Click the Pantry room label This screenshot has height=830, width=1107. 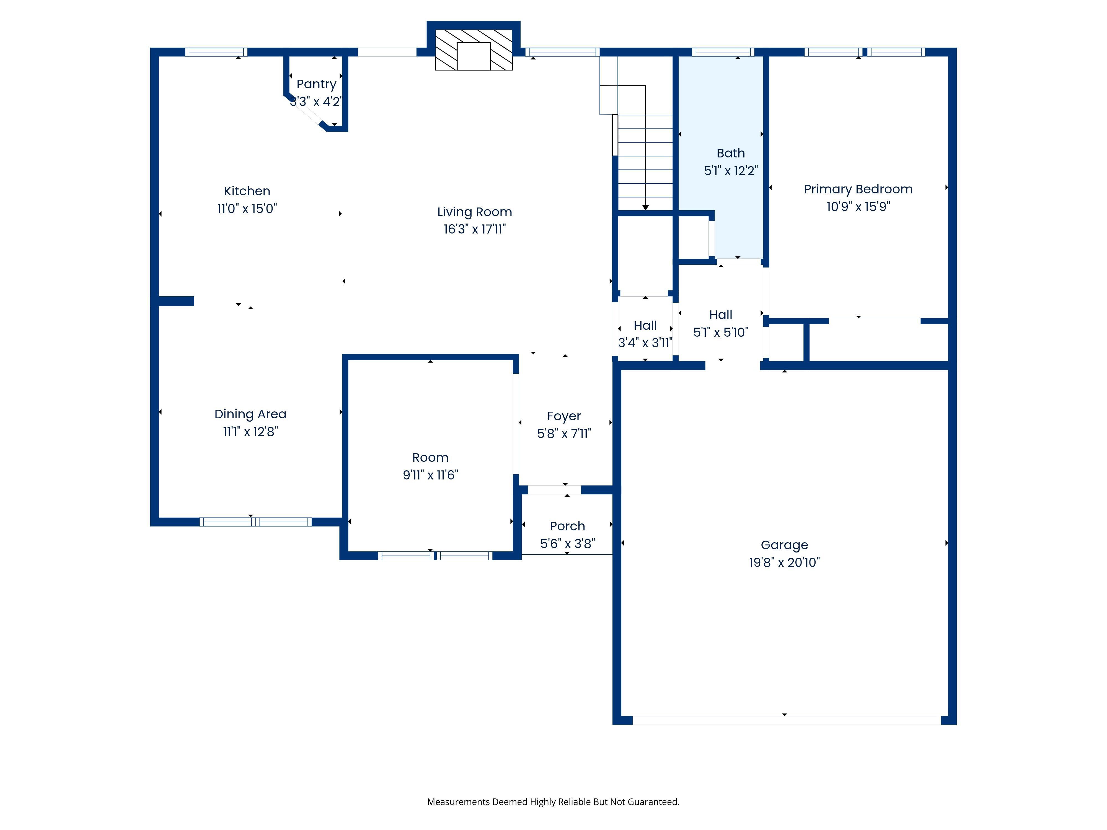316,84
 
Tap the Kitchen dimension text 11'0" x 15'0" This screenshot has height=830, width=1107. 247,209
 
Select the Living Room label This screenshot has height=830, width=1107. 474,212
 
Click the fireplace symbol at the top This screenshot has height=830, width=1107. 474,50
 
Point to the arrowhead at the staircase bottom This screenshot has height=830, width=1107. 646,207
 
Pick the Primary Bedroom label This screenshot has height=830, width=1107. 858,189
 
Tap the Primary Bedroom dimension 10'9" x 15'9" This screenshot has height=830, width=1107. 858,207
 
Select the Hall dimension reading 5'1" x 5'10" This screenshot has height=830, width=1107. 721,332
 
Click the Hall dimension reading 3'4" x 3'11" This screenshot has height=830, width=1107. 645,343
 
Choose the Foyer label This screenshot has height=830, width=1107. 564,416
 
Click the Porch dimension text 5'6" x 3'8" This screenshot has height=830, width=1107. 568,544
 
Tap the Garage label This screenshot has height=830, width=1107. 784,545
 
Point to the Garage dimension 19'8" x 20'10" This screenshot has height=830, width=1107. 784,562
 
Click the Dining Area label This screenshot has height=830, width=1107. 250,414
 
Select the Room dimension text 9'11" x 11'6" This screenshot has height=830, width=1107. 430,475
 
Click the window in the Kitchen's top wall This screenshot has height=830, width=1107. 216,52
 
